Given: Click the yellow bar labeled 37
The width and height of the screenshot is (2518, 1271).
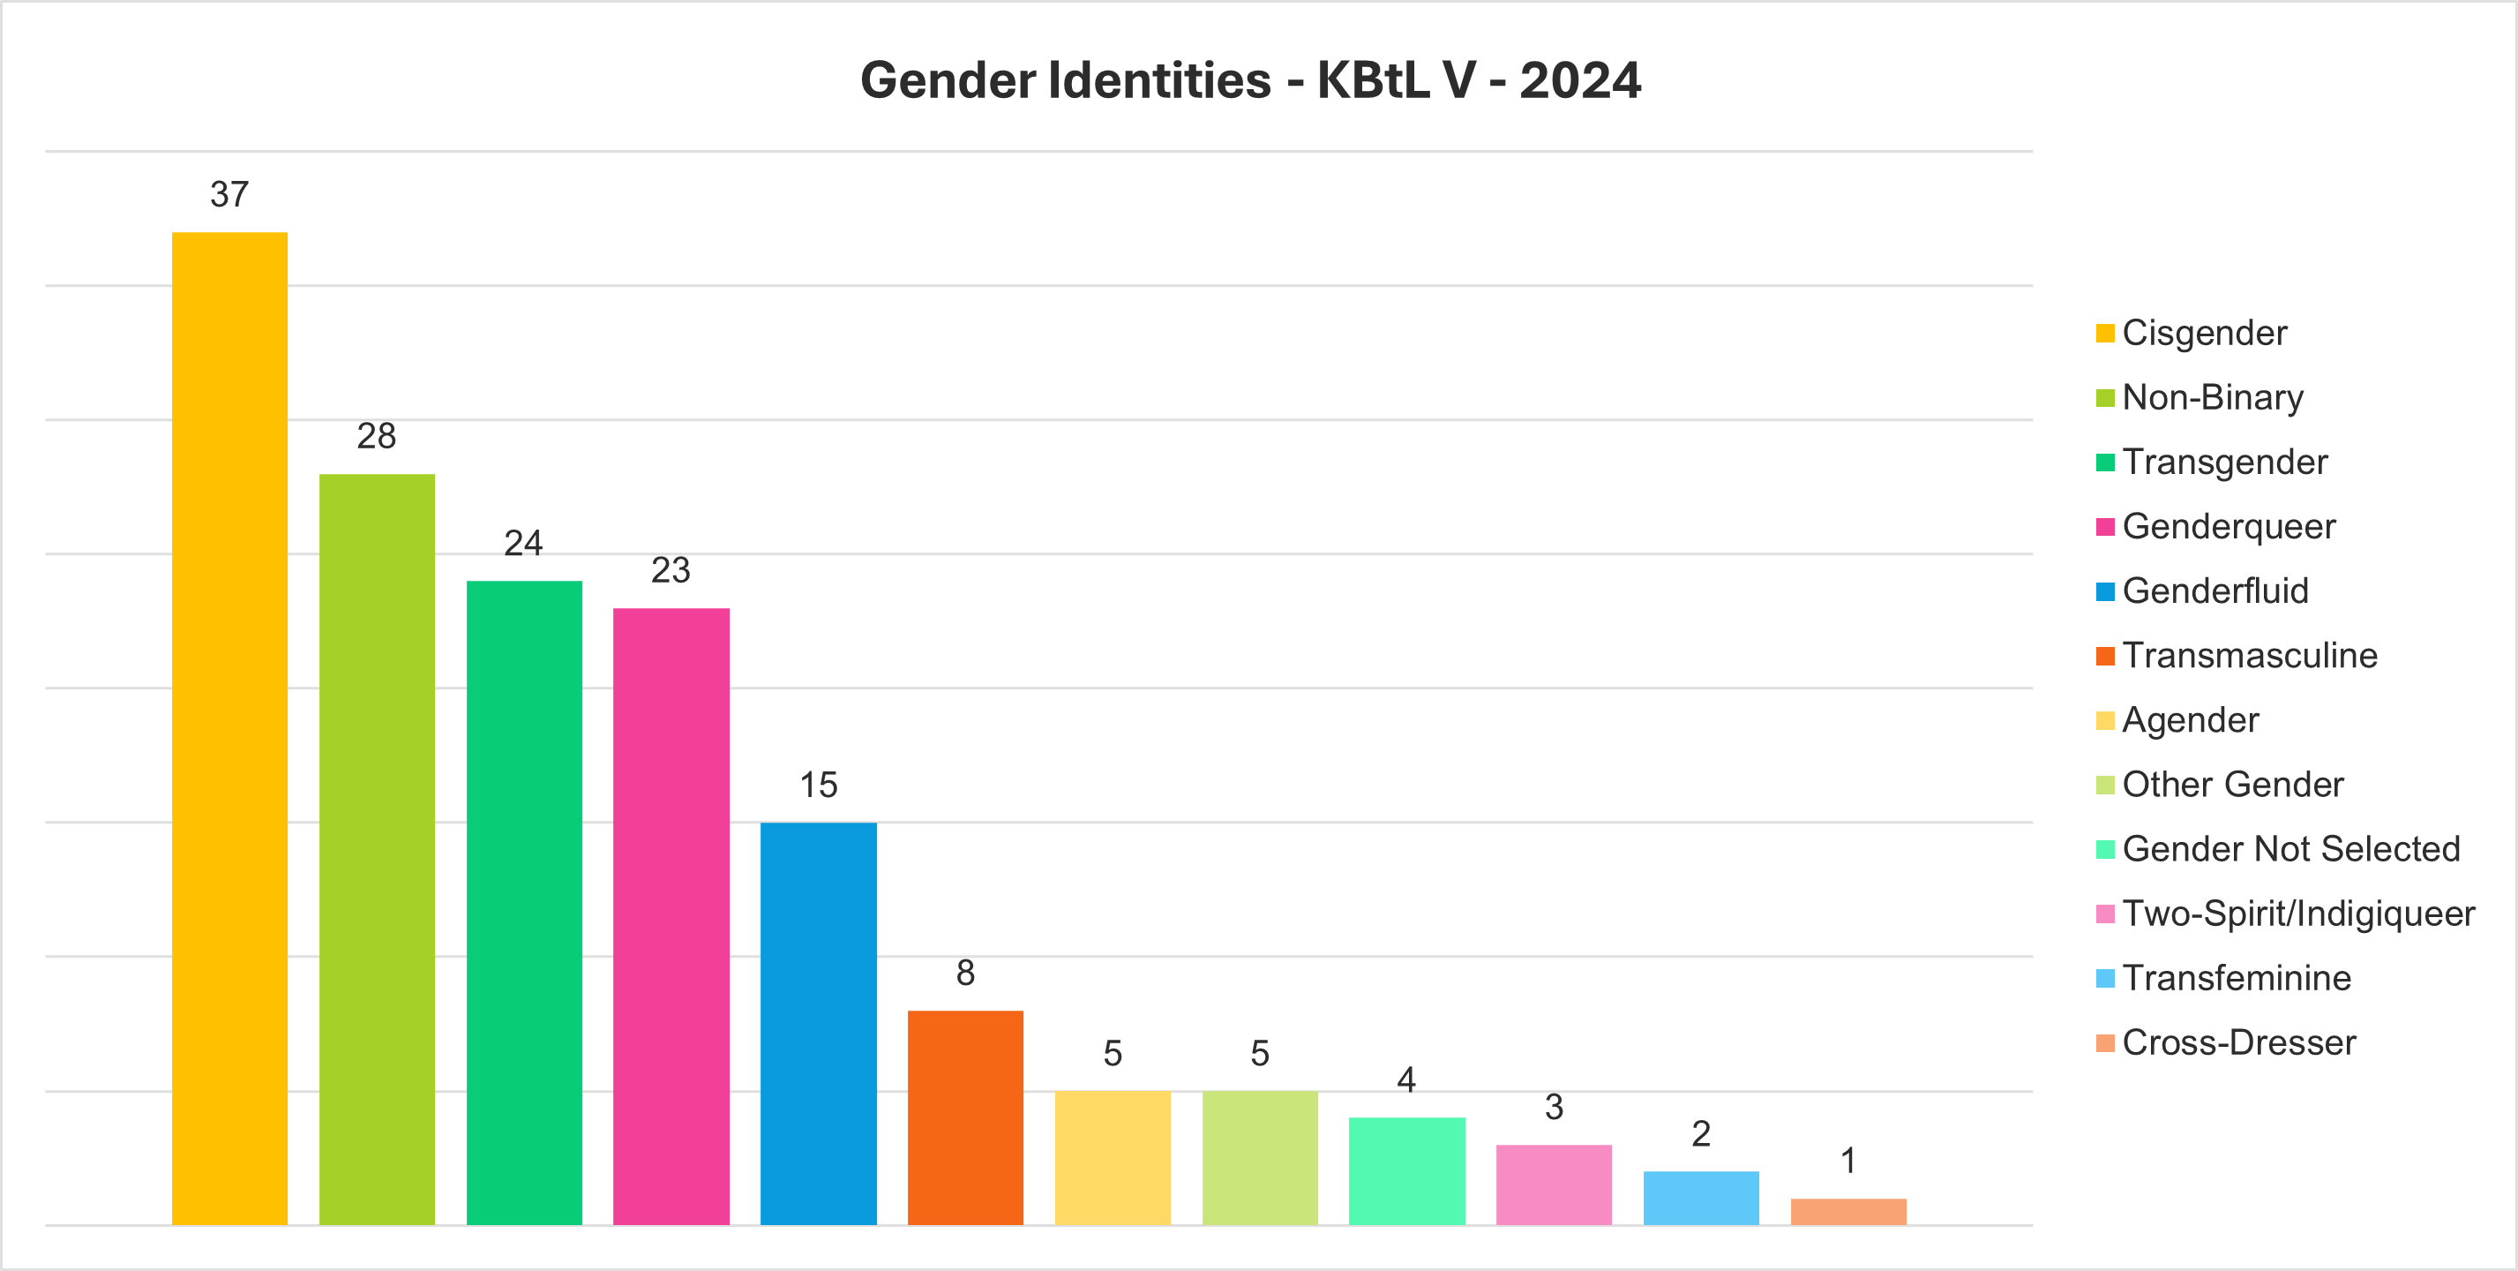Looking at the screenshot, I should point(229,728).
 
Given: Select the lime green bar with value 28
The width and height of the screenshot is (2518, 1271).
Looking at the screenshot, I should point(377,848).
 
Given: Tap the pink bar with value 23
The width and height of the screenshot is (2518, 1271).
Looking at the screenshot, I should point(671,916).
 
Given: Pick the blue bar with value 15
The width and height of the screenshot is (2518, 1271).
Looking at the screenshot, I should point(818,1023).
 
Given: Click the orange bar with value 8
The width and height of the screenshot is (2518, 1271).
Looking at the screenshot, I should point(965,1117).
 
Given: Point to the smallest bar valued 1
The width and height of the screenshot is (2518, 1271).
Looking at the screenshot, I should point(1847,1211).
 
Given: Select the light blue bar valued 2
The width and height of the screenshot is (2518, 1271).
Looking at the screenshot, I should point(1701,1198).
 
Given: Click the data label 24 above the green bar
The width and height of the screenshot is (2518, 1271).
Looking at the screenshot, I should point(523,543).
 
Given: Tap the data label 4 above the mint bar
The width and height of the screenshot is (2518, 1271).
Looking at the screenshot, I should point(1405,1079).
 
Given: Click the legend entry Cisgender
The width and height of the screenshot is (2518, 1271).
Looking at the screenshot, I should point(2204,333).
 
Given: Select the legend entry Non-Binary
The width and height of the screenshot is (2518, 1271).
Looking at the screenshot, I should point(2212,397).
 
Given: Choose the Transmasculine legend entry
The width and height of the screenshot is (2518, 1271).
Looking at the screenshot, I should point(2249,655).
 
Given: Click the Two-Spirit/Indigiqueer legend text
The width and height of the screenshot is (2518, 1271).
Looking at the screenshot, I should point(2298,914).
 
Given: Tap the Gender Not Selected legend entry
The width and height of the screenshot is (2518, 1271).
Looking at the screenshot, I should point(2290,848).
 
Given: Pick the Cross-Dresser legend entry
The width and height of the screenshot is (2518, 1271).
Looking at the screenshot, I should point(2238,1042).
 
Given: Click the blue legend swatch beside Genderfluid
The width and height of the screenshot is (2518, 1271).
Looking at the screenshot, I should point(2104,591).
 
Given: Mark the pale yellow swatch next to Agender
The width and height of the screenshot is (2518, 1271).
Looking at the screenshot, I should point(2104,720).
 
